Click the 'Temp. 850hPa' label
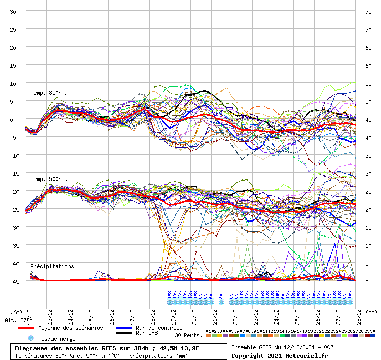point(49,93)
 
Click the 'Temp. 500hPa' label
point(49,179)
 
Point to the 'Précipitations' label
point(52,266)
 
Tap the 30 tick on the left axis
point(13,11)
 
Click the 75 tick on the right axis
point(368,11)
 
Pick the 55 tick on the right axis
point(368,83)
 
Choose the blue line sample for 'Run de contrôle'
point(123,328)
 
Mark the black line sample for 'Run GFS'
point(123,333)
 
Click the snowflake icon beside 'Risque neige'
point(30,338)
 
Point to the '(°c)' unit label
point(16,312)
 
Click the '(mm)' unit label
point(371,312)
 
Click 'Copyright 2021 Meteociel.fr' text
point(280,355)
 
